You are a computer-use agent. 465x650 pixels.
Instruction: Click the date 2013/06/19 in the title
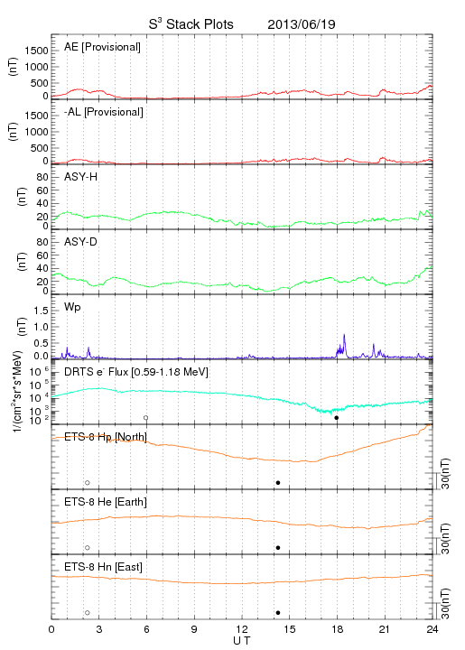coord(302,24)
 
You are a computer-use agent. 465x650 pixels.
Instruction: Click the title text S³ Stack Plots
coord(191,24)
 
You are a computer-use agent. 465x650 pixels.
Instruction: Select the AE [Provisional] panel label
coord(102,47)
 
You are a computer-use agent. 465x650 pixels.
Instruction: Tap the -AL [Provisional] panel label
coord(104,112)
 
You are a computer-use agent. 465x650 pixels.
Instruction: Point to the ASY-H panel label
coord(81,177)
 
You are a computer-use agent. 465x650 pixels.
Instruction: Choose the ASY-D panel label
coord(80,242)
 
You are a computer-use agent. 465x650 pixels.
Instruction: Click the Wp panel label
coord(72,307)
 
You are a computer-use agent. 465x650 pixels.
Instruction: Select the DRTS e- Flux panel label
coord(136,372)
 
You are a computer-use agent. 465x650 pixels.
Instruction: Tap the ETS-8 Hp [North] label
coord(106,437)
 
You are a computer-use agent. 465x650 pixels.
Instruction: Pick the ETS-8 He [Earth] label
coord(106,502)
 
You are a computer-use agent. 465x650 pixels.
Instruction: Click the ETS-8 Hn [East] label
coord(103,567)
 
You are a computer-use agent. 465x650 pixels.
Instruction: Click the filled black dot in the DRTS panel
coord(337,418)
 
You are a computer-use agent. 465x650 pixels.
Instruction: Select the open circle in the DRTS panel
coord(146,418)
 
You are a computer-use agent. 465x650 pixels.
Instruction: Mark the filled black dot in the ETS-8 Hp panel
coord(278,482)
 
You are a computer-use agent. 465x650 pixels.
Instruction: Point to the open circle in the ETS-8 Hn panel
coord(88,613)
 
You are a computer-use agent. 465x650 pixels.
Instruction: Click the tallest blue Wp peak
coord(344,335)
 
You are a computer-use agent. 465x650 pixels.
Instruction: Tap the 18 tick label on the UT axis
coord(338,629)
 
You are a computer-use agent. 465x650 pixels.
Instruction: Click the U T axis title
coord(242,641)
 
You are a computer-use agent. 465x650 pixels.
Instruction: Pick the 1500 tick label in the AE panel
coord(36,51)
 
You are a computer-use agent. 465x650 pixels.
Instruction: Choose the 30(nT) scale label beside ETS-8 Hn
coord(445,604)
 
